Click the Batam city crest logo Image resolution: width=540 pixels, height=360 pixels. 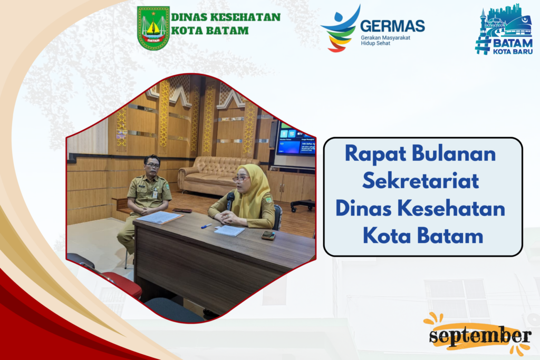[153, 28]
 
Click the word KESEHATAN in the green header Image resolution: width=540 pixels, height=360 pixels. [245, 17]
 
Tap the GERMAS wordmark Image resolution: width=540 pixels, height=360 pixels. [392, 26]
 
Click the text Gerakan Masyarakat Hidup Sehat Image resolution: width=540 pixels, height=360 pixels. [385, 41]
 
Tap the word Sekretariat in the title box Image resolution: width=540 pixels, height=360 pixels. [420, 181]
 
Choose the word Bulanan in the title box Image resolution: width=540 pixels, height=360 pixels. [454, 153]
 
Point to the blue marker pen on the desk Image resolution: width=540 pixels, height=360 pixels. [206, 226]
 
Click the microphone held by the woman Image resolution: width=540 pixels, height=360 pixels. [230, 201]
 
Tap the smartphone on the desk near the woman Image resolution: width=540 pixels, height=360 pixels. [268, 236]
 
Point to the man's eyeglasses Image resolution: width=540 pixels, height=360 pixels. [152, 165]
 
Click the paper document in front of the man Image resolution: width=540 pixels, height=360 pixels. [159, 218]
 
